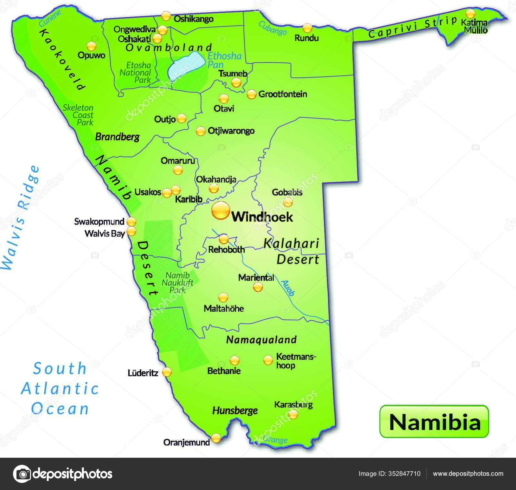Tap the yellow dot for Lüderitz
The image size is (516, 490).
point(167,372)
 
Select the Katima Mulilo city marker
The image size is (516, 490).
point(471,14)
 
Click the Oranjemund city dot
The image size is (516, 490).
point(216,438)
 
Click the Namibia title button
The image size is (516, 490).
point(434,421)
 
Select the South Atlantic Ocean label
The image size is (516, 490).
point(60,388)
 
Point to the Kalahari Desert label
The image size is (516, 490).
point(292,251)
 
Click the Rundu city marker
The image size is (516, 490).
point(307,28)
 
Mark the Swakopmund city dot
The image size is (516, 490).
point(131,222)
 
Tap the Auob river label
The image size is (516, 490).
point(288,288)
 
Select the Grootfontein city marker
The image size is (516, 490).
point(251,94)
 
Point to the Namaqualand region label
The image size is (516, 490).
point(261,339)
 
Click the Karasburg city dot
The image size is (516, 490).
point(293,414)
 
